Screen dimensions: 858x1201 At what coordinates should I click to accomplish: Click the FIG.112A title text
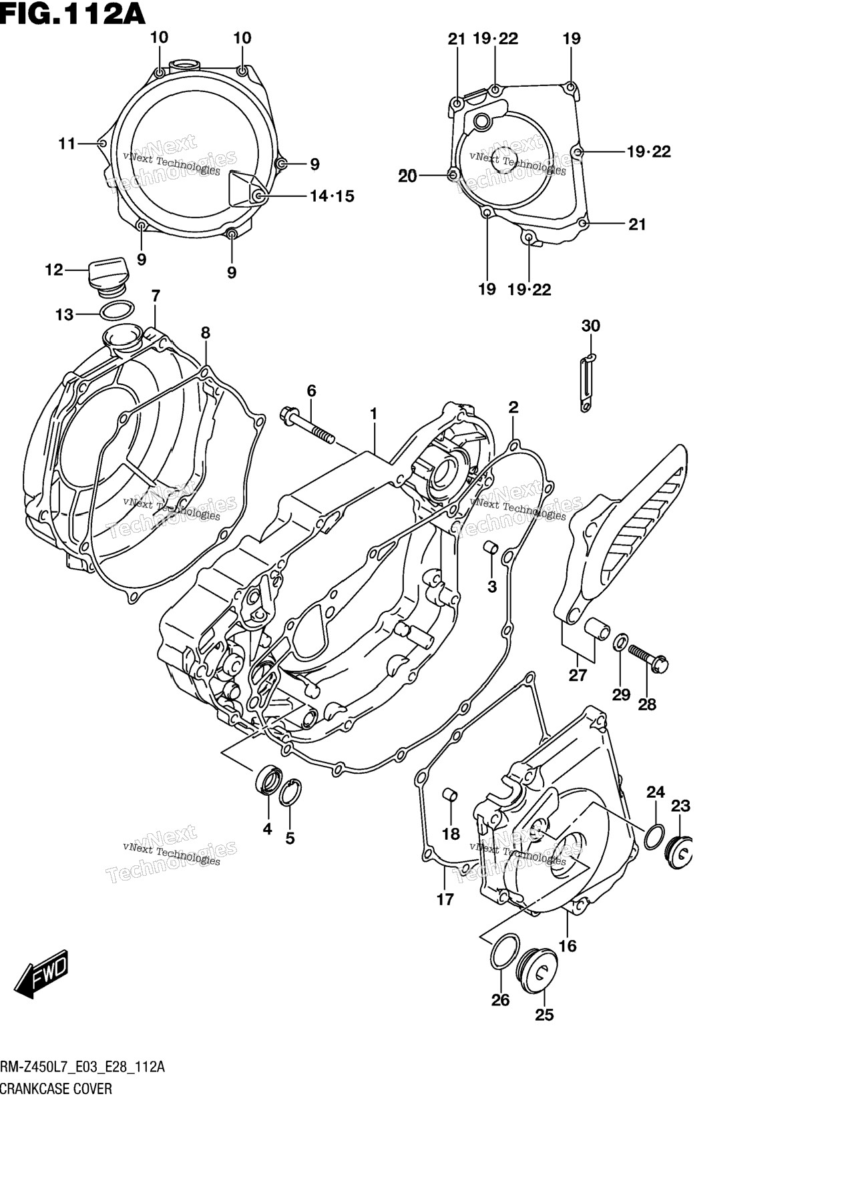(x=72, y=13)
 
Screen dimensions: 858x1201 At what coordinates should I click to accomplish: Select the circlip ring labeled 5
(x=289, y=793)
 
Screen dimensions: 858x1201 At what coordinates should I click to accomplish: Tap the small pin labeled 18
(x=451, y=795)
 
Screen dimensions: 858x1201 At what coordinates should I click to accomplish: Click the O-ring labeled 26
(x=504, y=951)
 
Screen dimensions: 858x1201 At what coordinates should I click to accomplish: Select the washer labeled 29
(x=620, y=643)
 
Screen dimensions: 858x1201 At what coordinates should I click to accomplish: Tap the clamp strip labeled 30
(x=587, y=384)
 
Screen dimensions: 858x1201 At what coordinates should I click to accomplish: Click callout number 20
(x=407, y=177)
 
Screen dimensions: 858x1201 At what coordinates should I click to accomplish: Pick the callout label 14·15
(x=332, y=196)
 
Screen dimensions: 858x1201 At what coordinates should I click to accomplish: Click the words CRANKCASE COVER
(x=56, y=1089)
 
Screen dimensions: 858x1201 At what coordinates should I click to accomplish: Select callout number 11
(x=67, y=144)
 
